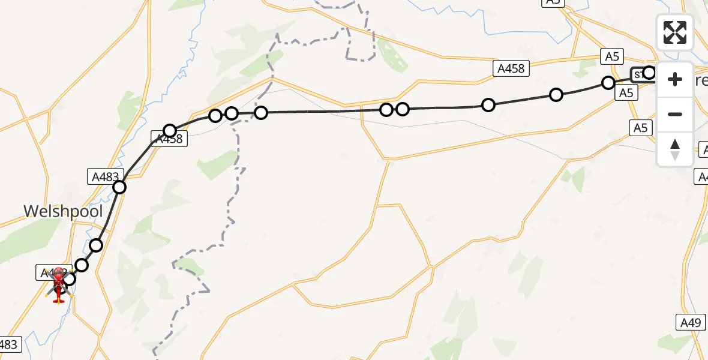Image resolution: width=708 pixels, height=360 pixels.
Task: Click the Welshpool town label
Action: tap(63, 211)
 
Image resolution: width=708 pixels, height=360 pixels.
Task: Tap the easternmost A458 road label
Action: tap(511, 68)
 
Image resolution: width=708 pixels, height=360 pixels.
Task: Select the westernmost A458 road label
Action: tap(171, 139)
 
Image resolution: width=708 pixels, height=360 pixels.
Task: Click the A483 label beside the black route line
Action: tap(106, 176)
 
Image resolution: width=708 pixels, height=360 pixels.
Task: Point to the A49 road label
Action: tap(690, 323)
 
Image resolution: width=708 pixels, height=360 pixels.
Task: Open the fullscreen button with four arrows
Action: tap(675, 32)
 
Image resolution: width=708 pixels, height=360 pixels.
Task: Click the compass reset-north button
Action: tap(675, 149)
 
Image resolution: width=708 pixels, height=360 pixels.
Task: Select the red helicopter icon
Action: tap(59, 285)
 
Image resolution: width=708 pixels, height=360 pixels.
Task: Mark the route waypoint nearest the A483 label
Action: tap(119, 187)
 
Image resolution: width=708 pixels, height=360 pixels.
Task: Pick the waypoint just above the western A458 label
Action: tap(170, 131)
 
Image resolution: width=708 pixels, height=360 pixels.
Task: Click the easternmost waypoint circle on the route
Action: tap(649, 73)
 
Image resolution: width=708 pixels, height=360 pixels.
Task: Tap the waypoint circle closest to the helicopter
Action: tap(70, 278)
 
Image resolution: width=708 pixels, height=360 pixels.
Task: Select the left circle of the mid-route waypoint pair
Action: tap(386, 109)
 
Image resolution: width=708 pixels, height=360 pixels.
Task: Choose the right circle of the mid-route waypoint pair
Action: tap(403, 109)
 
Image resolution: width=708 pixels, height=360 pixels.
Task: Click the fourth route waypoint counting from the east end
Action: tap(488, 105)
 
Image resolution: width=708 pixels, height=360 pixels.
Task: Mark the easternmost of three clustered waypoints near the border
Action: tap(261, 112)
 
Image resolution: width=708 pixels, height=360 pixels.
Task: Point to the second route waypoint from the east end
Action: tap(608, 83)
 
